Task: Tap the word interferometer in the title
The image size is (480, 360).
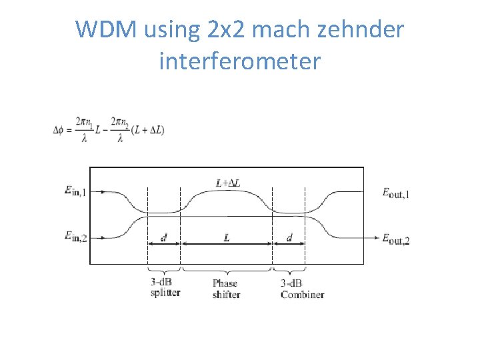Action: (x=240, y=61)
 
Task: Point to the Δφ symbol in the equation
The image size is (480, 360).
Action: (x=59, y=129)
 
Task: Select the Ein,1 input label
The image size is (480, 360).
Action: (x=75, y=192)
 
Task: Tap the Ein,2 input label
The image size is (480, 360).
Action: (x=75, y=236)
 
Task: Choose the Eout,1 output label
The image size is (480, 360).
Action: (x=396, y=193)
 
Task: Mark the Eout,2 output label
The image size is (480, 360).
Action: (x=396, y=238)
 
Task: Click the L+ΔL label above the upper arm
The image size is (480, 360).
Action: (x=227, y=182)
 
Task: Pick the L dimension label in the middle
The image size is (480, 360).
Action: (x=227, y=238)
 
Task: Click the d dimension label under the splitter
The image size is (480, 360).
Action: (x=164, y=238)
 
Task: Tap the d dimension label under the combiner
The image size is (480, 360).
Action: (x=289, y=238)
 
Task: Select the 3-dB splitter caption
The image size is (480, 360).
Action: (x=165, y=287)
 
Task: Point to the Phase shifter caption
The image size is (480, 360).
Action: (x=227, y=289)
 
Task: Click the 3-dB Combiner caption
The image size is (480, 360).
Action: (x=302, y=289)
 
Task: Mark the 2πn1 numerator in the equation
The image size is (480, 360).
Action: (x=83, y=122)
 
